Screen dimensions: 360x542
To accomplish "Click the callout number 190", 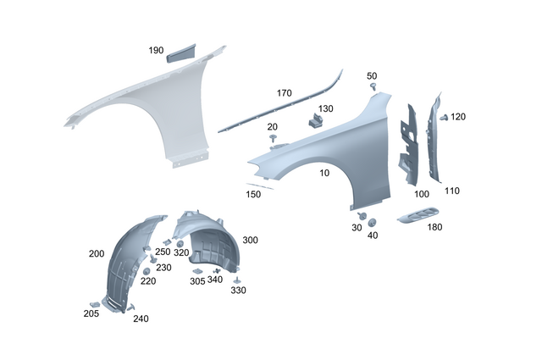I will click(x=156, y=51).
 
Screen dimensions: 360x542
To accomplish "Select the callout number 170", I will click(x=284, y=92).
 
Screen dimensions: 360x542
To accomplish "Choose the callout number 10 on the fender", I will click(x=324, y=173).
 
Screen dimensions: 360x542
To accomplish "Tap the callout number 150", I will click(x=253, y=195).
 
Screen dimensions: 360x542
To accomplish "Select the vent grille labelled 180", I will click(x=418, y=215).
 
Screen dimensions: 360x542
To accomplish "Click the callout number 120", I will click(x=458, y=116).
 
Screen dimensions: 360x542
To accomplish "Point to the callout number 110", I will click(x=451, y=191).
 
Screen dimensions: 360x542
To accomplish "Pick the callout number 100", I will click(x=421, y=195).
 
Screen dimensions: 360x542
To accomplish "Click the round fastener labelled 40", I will click(x=372, y=222).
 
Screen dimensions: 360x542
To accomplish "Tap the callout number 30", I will click(x=357, y=228).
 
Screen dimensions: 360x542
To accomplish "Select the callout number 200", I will click(x=96, y=253).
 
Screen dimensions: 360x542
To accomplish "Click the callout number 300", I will click(x=250, y=241).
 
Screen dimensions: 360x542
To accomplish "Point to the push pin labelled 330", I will click(x=238, y=279).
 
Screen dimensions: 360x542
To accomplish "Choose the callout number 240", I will click(x=141, y=319).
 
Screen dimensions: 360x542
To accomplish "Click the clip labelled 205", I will click(x=92, y=302).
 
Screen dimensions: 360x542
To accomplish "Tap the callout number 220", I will click(x=148, y=281).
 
